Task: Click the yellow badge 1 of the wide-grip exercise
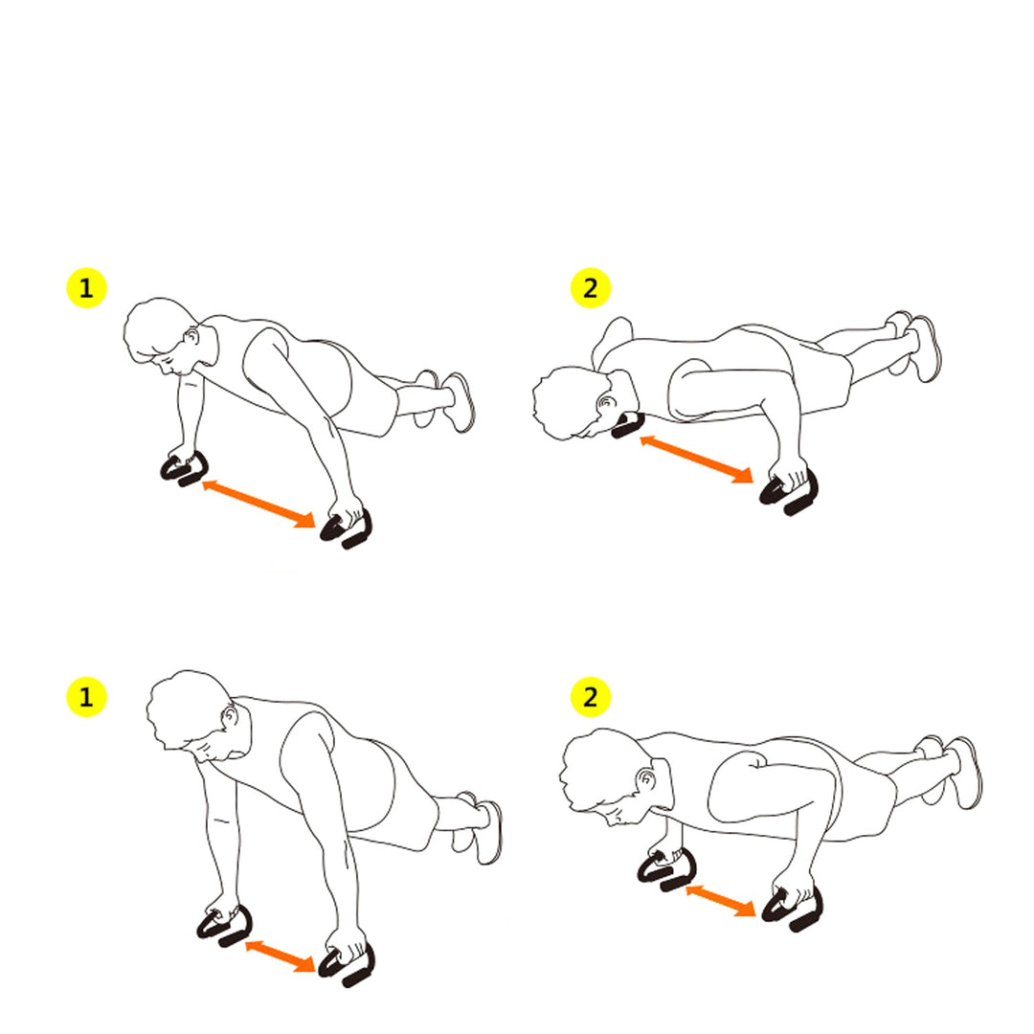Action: (x=86, y=288)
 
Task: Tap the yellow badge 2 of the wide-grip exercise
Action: (x=591, y=288)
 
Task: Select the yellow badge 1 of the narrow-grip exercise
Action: (x=86, y=697)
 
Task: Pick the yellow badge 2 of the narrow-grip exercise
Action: (x=591, y=697)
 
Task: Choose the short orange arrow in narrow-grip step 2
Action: (x=721, y=901)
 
